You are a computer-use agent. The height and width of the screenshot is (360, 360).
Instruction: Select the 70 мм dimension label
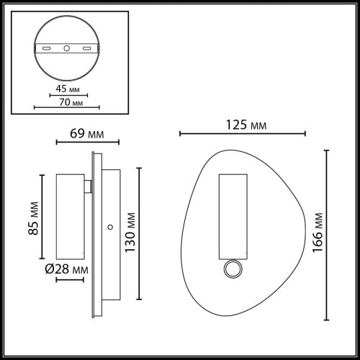(66, 102)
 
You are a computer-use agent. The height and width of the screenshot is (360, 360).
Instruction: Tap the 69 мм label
(81, 134)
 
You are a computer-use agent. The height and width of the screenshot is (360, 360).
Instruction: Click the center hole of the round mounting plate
(66, 49)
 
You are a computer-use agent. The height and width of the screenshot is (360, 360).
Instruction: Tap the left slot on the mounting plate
(47, 49)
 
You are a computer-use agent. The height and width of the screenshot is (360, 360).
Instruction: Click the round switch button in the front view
(233, 270)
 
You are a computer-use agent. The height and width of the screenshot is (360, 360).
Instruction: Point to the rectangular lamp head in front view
(233, 216)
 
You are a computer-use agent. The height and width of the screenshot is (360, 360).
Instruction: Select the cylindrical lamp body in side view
(68, 216)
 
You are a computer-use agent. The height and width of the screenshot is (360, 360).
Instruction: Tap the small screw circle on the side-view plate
(109, 228)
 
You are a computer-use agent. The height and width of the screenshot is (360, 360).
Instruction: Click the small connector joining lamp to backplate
(88, 187)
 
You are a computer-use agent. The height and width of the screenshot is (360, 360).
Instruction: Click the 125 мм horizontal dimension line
(243, 134)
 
